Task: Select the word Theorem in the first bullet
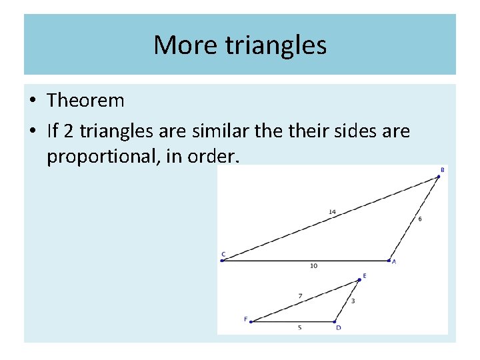(x=85, y=101)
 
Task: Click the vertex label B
(x=443, y=170)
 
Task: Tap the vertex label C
(x=223, y=254)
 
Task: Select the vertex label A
(x=394, y=262)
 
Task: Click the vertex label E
(x=364, y=275)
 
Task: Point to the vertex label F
(x=245, y=319)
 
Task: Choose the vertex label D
(x=338, y=328)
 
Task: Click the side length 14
(x=332, y=212)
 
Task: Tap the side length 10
(x=313, y=266)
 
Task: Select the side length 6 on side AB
(x=419, y=219)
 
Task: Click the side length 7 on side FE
(x=301, y=295)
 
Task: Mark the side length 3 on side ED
(x=353, y=301)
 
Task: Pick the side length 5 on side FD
(x=299, y=328)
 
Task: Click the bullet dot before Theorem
(x=33, y=101)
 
